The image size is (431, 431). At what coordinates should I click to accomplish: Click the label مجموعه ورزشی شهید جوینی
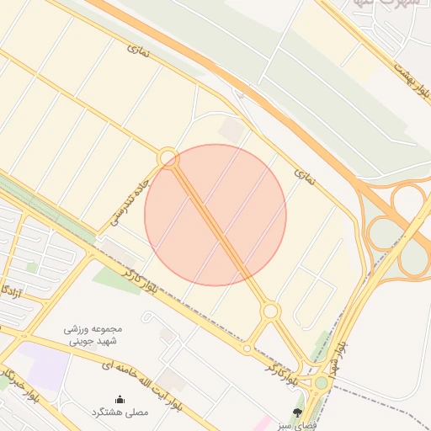pyautogui.click(x=93, y=334)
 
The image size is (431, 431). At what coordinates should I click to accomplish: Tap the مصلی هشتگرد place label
pyautogui.click(x=120, y=412)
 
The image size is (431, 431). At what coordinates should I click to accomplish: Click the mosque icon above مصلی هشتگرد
pyautogui.click(x=120, y=399)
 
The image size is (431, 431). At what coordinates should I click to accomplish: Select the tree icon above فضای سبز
pyautogui.click(x=297, y=412)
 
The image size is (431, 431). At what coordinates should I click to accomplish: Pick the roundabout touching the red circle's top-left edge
pyautogui.click(x=168, y=157)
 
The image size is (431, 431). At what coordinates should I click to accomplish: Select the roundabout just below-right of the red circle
pyautogui.click(x=269, y=311)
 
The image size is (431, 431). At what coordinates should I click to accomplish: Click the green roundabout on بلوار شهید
pyautogui.click(x=321, y=384)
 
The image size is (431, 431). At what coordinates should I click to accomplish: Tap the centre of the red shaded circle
pyautogui.click(x=215, y=215)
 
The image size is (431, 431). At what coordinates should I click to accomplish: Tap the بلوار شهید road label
pyautogui.click(x=337, y=357)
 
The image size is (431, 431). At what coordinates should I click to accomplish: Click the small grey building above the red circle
pyautogui.click(x=231, y=130)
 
